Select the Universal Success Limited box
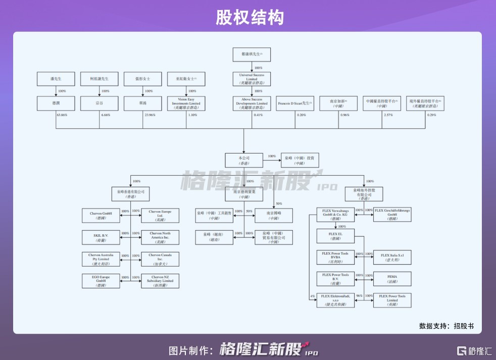251,78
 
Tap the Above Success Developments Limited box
251,103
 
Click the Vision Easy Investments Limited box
186,103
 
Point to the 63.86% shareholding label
62,115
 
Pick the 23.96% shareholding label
148,115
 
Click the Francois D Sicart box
294,103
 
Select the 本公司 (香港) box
244,160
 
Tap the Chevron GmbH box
101,215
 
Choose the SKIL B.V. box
101,236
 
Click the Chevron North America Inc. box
160,236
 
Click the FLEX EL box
335,236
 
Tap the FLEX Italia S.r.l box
392,258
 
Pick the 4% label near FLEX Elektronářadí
313,296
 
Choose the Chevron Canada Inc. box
160,258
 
